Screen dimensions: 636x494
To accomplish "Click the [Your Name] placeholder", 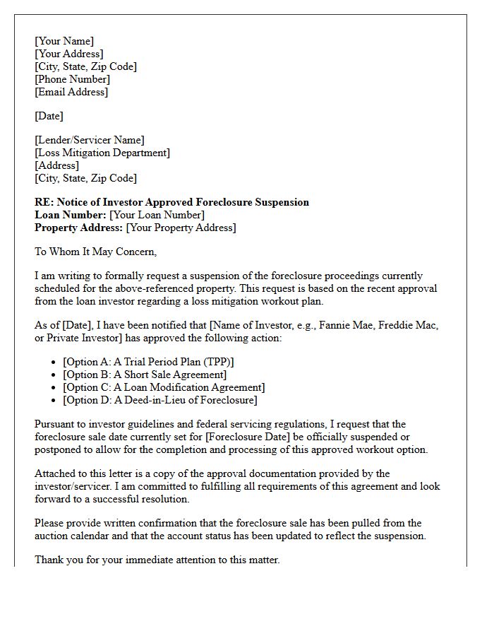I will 64,41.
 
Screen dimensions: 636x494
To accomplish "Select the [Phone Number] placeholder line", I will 72,79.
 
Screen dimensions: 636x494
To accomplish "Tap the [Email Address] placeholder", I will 71,92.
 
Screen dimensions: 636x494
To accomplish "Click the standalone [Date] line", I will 49,116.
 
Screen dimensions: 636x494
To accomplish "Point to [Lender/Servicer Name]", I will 89,140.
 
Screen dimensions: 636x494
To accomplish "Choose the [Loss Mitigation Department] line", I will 102,153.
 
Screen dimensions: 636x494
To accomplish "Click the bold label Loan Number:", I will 71,215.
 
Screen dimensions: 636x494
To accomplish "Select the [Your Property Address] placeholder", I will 181,228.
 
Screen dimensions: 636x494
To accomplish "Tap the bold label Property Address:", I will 79,228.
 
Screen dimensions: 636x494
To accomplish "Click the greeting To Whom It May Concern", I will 95,252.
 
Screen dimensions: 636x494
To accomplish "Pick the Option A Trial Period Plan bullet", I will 148,362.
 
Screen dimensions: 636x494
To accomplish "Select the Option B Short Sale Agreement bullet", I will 145,375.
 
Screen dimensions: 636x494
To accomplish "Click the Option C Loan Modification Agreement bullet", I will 164,387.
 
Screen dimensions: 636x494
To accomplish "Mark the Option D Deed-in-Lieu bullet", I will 160,400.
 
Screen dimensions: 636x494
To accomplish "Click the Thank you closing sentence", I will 157,560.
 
